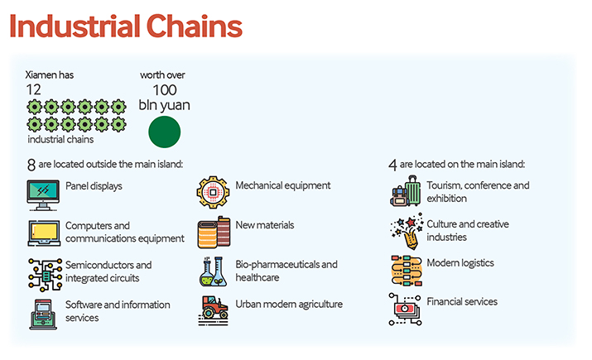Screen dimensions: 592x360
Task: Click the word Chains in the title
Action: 194,26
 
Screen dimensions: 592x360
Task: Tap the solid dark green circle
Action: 164,132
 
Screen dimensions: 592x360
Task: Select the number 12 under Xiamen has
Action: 33,90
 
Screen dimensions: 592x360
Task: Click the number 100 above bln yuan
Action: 165,90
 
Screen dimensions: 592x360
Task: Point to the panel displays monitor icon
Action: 43,195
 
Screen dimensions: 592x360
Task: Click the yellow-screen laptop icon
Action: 44,233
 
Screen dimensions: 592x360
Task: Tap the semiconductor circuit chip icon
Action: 46,275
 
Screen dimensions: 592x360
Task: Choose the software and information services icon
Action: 43,314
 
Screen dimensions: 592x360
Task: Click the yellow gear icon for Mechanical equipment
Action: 213,192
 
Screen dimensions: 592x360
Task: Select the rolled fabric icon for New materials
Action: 214,232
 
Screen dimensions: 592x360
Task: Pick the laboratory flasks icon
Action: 213,271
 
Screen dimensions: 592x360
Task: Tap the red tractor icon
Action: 214,310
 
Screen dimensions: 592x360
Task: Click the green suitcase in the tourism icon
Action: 413,191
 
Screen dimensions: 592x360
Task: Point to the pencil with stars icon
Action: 407,232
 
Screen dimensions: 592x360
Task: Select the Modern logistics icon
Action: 407,271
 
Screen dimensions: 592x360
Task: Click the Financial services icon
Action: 405,310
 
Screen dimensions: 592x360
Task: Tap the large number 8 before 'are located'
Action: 31,165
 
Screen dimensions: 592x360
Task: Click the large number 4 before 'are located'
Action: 392,165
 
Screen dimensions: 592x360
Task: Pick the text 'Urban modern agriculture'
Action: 289,305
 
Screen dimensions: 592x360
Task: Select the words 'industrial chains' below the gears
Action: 60,139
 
